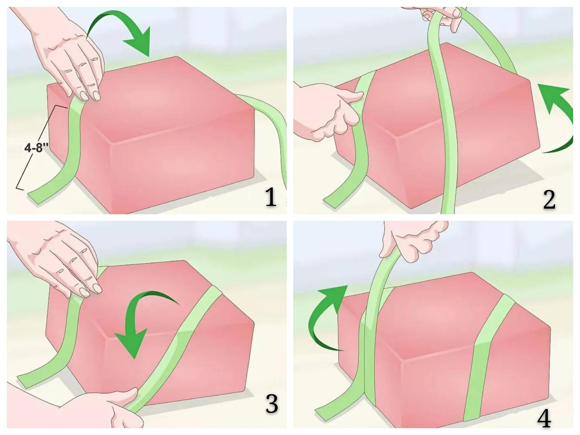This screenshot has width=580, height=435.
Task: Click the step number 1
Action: pos(271,197)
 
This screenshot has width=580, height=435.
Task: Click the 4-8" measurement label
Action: pos(37,148)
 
